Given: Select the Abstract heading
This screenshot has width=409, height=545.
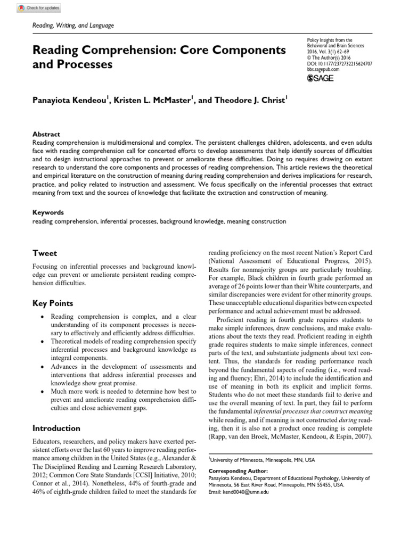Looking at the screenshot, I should click(x=46, y=135).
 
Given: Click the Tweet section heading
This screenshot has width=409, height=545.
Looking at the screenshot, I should click(x=45, y=253).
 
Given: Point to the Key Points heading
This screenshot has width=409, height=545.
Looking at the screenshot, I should click(x=53, y=303).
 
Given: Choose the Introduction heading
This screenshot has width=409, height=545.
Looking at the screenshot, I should click(x=56, y=428).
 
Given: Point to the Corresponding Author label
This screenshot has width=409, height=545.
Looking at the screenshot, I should click(x=234, y=472).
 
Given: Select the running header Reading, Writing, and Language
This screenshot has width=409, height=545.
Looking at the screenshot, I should click(x=73, y=26).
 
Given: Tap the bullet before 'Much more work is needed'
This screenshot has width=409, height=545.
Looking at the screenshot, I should click(x=42, y=391).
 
